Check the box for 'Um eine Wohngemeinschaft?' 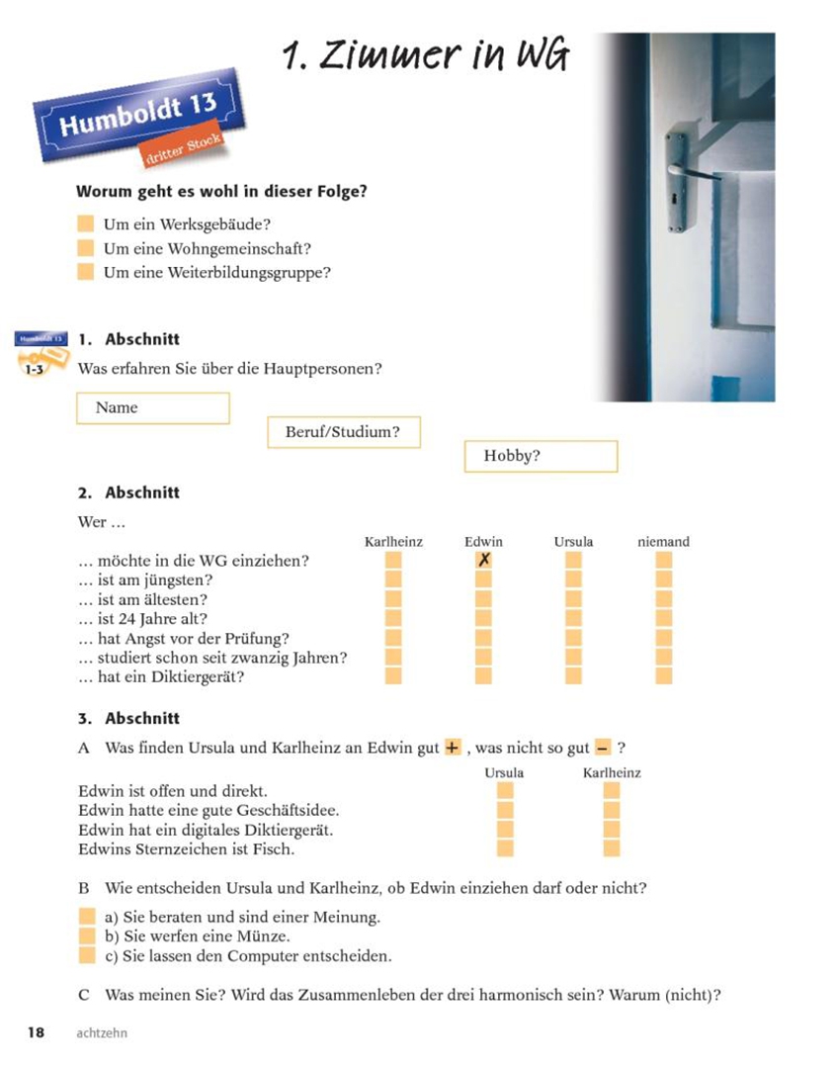pos(86,248)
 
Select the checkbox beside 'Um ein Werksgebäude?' pos(86,224)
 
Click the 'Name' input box pos(152,407)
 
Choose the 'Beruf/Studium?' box pos(344,432)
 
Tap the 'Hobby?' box pos(541,456)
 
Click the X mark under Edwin pos(483,561)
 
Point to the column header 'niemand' pos(663,541)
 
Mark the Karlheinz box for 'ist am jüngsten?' pos(393,579)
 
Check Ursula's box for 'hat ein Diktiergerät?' pos(573,676)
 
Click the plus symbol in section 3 pos(453,749)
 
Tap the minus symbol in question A pos(603,749)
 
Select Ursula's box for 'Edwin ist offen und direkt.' pos(505,791)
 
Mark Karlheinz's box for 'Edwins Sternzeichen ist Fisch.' pos(612,848)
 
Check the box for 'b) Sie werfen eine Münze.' pos(87,935)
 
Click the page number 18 pos(37,1033)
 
